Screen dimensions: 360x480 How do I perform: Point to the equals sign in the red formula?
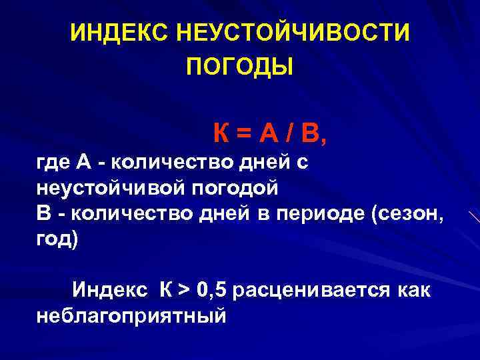point(245,135)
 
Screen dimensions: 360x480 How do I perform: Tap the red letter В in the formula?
point(311,135)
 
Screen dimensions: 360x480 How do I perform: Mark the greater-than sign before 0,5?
point(184,291)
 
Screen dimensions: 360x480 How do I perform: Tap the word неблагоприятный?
point(131,316)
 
